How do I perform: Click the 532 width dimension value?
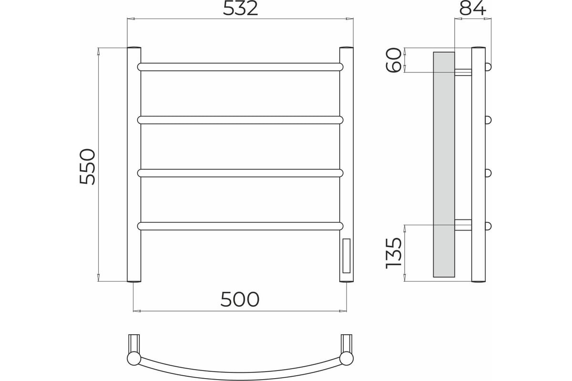pyautogui.click(x=240, y=9)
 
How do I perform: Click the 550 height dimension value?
pyautogui.click(x=87, y=166)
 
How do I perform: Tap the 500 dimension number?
pyautogui.click(x=240, y=299)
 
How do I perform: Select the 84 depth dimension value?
pyautogui.click(x=472, y=9)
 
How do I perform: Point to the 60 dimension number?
pyautogui.click(x=393, y=60)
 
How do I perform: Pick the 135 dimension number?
pyautogui.click(x=393, y=253)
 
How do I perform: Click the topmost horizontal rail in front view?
pyautogui.click(x=240, y=67)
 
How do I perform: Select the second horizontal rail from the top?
pyautogui.click(x=240, y=120)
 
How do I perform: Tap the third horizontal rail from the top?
pyautogui.click(x=240, y=173)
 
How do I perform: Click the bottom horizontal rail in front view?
pyautogui.click(x=240, y=226)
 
